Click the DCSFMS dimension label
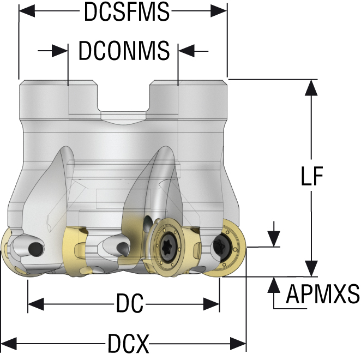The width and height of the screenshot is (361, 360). (x=127, y=12)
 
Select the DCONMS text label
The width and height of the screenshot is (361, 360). (x=124, y=51)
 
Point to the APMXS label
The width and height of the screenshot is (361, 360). (x=323, y=295)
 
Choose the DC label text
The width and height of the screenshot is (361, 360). (x=129, y=303)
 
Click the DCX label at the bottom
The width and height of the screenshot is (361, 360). (x=128, y=344)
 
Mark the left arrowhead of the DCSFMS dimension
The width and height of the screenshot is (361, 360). (x=27, y=12)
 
